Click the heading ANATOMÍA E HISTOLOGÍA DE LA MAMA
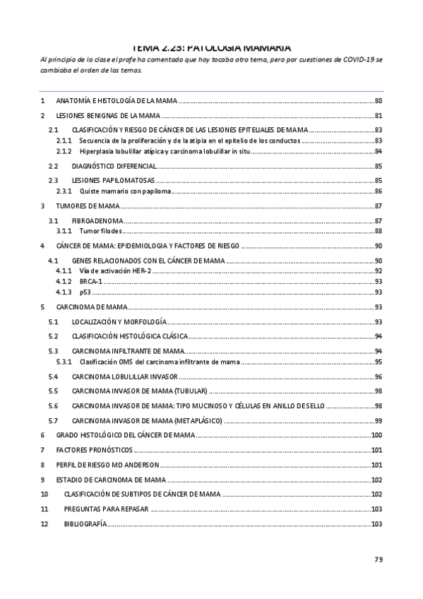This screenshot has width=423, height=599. (x=117, y=102)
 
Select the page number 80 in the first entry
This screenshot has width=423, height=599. (x=378, y=102)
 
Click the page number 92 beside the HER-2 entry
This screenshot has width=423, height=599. (x=378, y=271)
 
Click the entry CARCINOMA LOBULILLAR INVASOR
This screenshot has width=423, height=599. (x=124, y=376)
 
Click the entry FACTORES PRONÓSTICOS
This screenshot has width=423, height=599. (x=94, y=450)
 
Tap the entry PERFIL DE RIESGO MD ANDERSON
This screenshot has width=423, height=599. (x=107, y=465)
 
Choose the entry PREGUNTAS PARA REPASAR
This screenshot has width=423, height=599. (x=106, y=509)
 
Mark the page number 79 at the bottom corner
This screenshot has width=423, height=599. (x=378, y=560)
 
